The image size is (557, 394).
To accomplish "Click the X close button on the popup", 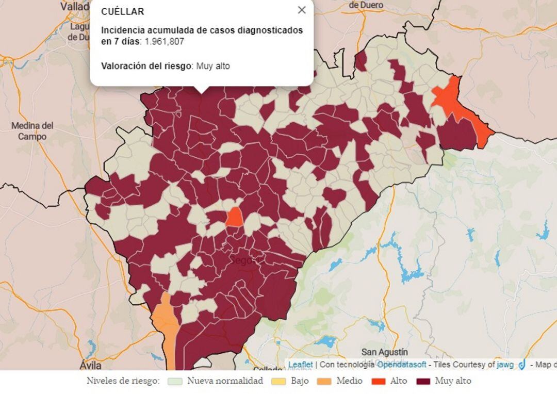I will (302, 10).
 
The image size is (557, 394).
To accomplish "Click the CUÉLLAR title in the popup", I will (123, 11).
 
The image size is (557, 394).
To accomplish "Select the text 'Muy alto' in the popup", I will (213, 66).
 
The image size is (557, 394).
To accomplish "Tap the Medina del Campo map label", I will (32, 131).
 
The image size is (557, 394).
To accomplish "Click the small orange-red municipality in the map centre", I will (235, 217).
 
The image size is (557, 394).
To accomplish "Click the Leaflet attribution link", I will (300, 365).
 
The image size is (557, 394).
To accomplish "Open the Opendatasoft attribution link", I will (401, 365).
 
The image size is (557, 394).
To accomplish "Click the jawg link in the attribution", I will (505, 365).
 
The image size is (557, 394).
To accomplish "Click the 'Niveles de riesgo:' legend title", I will (123, 382).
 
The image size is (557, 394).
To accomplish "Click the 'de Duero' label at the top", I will (366, 5).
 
